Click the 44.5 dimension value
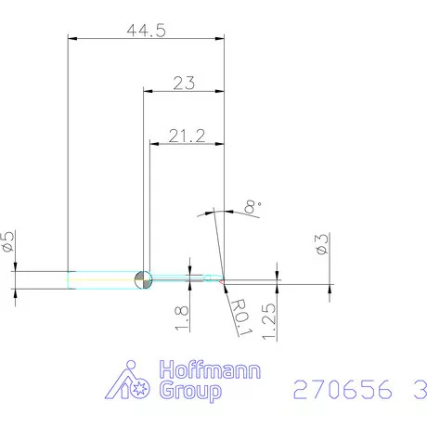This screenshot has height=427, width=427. click(x=146, y=30)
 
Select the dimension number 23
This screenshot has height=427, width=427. click(x=184, y=83)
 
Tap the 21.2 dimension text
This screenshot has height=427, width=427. click(x=187, y=136)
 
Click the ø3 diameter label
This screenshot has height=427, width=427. click(x=321, y=245)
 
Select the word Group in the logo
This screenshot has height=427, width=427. click(x=192, y=392)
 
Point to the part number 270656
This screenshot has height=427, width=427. click(x=336, y=390)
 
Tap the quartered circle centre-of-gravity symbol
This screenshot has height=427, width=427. click(x=143, y=278)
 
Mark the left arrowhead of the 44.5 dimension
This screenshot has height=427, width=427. click(x=73, y=38)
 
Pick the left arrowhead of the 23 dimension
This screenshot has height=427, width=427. click(x=147, y=91)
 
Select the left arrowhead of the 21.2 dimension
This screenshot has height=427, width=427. click(x=155, y=144)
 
